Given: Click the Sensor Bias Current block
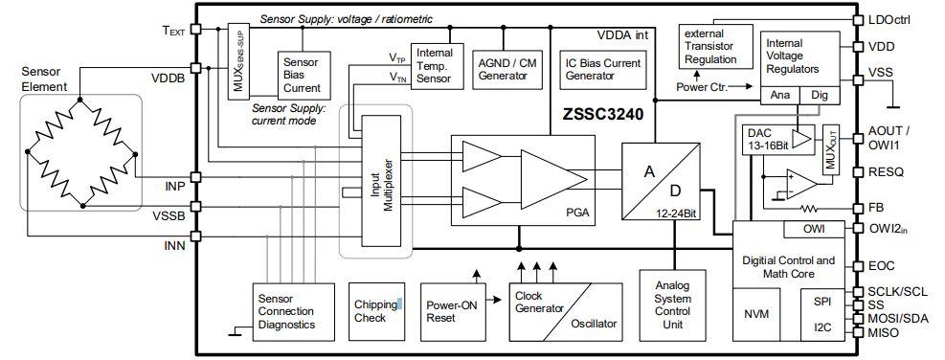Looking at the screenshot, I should (x=300, y=74).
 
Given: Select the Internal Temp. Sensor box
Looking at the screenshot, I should (x=436, y=66).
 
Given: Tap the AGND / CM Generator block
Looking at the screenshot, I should (x=508, y=66).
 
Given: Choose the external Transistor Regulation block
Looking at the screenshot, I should (x=710, y=47).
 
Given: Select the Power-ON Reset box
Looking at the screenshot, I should (x=454, y=311).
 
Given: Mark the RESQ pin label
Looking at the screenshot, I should (x=885, y=172).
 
